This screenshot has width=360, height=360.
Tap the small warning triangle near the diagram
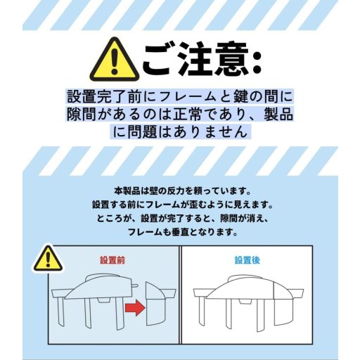click(x=48, y=259)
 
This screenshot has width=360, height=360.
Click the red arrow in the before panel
click(x=135, y=307)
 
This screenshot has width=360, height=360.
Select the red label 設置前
click(x=112, y=260)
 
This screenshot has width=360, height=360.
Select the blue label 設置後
click(x=247, y=260)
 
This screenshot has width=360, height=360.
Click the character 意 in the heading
click(x=231, y=58)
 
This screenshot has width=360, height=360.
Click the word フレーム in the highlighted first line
click(x=188, y=96)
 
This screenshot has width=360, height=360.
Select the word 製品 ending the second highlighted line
click(x=278, y=115)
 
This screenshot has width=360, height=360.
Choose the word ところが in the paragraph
click(x=113, y=219)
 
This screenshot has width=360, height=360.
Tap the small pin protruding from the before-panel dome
click(x=134, y=285)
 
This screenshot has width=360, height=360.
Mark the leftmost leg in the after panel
click(x=202, y=310)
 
